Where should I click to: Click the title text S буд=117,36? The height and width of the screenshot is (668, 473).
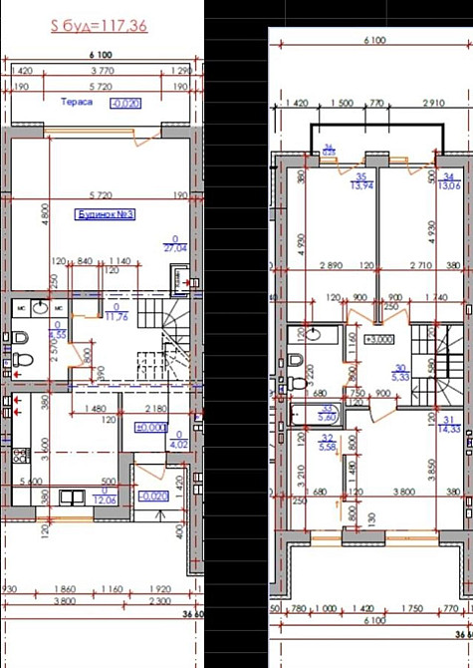[100, 26]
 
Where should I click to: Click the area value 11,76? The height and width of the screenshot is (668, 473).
[118, 318]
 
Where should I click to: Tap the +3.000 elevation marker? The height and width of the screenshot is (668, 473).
[378, 339]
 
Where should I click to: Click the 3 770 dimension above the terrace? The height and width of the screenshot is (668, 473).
[101, 72]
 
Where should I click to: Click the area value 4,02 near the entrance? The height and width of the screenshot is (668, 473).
[179, 445]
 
